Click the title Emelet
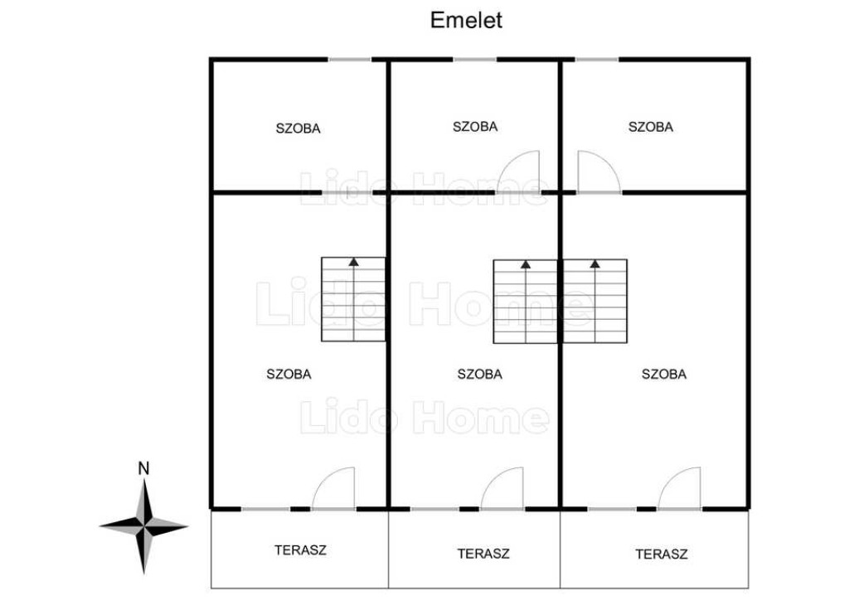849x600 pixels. tap(466, 21)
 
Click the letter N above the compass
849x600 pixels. tap(143, 468)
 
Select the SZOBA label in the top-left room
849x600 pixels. tap(298, 128)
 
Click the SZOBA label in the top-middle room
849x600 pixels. tap(475, 127)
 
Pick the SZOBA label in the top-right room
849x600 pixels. tap(651, 127)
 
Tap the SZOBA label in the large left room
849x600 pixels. tap(289, 374)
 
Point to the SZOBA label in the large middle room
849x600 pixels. tap(479, 374)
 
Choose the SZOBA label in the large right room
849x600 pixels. tap(664, 374)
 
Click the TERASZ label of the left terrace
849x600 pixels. tap(300, 549)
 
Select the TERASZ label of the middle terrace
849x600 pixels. tap(483, 553)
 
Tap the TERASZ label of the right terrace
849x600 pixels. tap(662, 554)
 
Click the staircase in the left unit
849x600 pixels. tap(353, 299)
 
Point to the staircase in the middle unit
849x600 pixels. tap(526, 302)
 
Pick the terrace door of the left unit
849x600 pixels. tap(335, 490)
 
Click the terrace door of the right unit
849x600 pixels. tap(681, 490)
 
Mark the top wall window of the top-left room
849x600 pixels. tap(350, 60)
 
